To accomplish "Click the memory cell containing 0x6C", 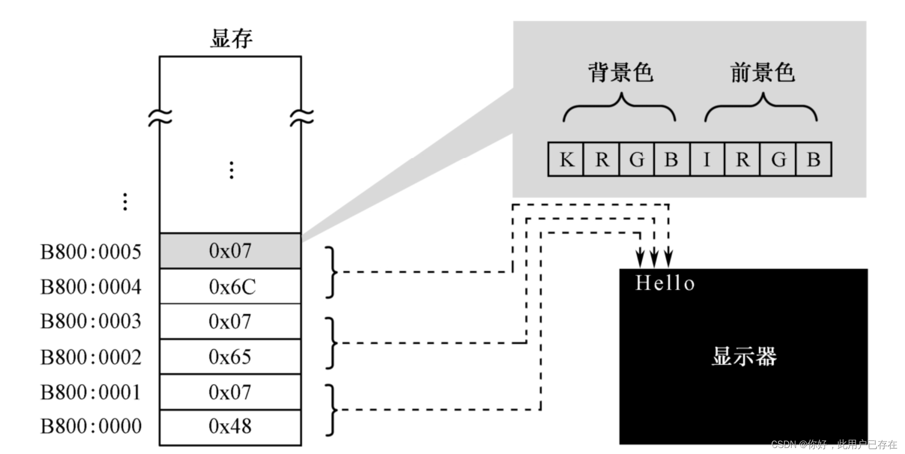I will pyautogui.click(x=230, y=287).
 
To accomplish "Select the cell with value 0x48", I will pyautogui.click(x=230, y=427).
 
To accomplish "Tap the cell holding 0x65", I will pyautogui.click(x=230, y=357).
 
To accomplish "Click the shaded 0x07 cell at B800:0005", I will pyautogui.click(x=230, y=251).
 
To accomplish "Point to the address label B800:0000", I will pyautogui.click(x=91, y=427).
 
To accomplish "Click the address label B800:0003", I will pyautogui.click(x=91, y=322).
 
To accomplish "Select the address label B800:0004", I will pyautogui.click(x=91, y=287).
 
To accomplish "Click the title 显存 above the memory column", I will pyautogui.click(x=231, y=39).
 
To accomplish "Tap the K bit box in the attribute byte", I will pyautogui.click(x=566, y=160).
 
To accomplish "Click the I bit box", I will pyautogui.click(x=707, y=160).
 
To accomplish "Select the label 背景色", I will pyautogui.click(x=620, y=73).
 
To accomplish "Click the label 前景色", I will pyautogui.click(x=762, y=73).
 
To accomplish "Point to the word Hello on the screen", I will pyautogui.click(x=665, y=283).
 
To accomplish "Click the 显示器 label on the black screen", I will pyautogui.click(x=744, y=357).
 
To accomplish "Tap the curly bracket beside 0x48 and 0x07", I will pyautogui.click(x=331, y=410).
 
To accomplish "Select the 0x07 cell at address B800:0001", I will pyautogui.click(x=230, y=392).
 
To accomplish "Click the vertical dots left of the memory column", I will pyautogui.click(x=125, y=202).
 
